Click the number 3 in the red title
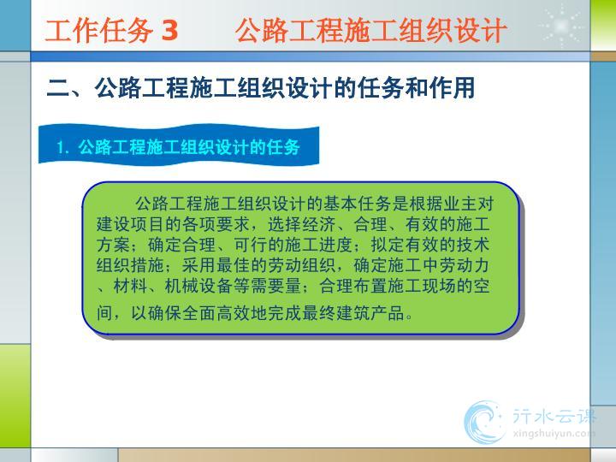point(169,30)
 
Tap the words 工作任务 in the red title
point(99,30)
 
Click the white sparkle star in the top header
point(561,26)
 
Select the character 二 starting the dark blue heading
point(58,88)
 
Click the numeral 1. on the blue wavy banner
point(63,148)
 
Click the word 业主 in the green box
point(459,204)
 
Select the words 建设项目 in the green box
point(130,224)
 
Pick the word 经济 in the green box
point(319,224)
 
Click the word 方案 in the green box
point(113,245)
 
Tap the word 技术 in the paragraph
point(473,245)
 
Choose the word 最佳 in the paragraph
point(234,265)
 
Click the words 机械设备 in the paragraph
point(198,286)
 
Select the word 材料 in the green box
point(130,286)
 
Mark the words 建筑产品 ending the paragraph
point(370,313)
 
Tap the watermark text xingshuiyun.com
point(554,434)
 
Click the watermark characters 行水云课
point(554,416)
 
